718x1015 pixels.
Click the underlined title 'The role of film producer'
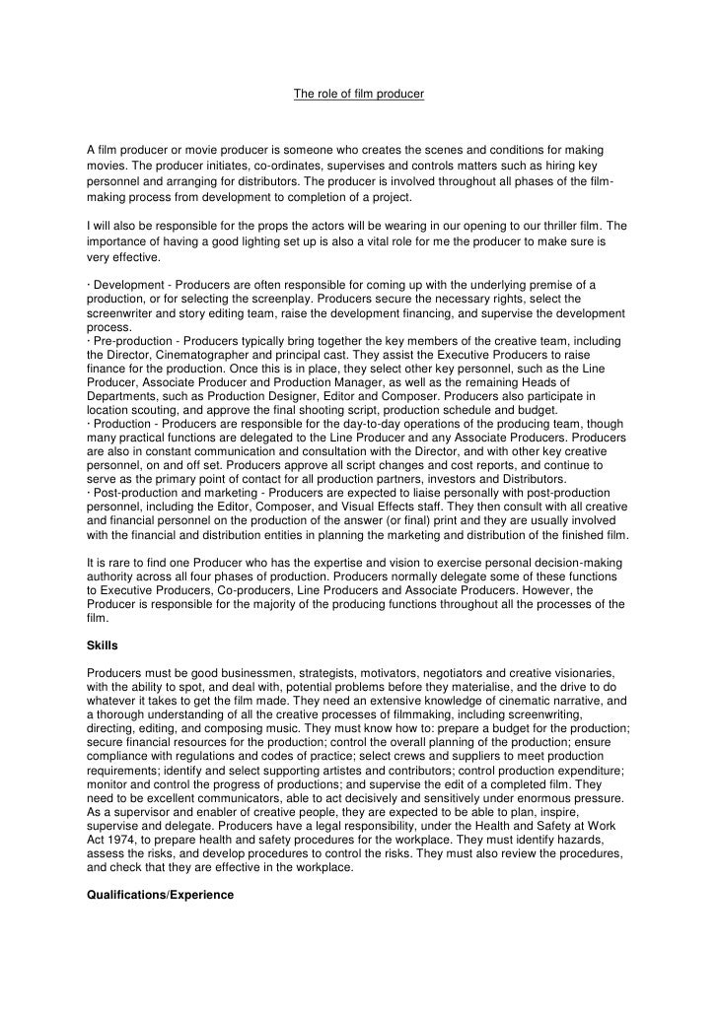359,96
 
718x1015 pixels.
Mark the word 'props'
287,226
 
